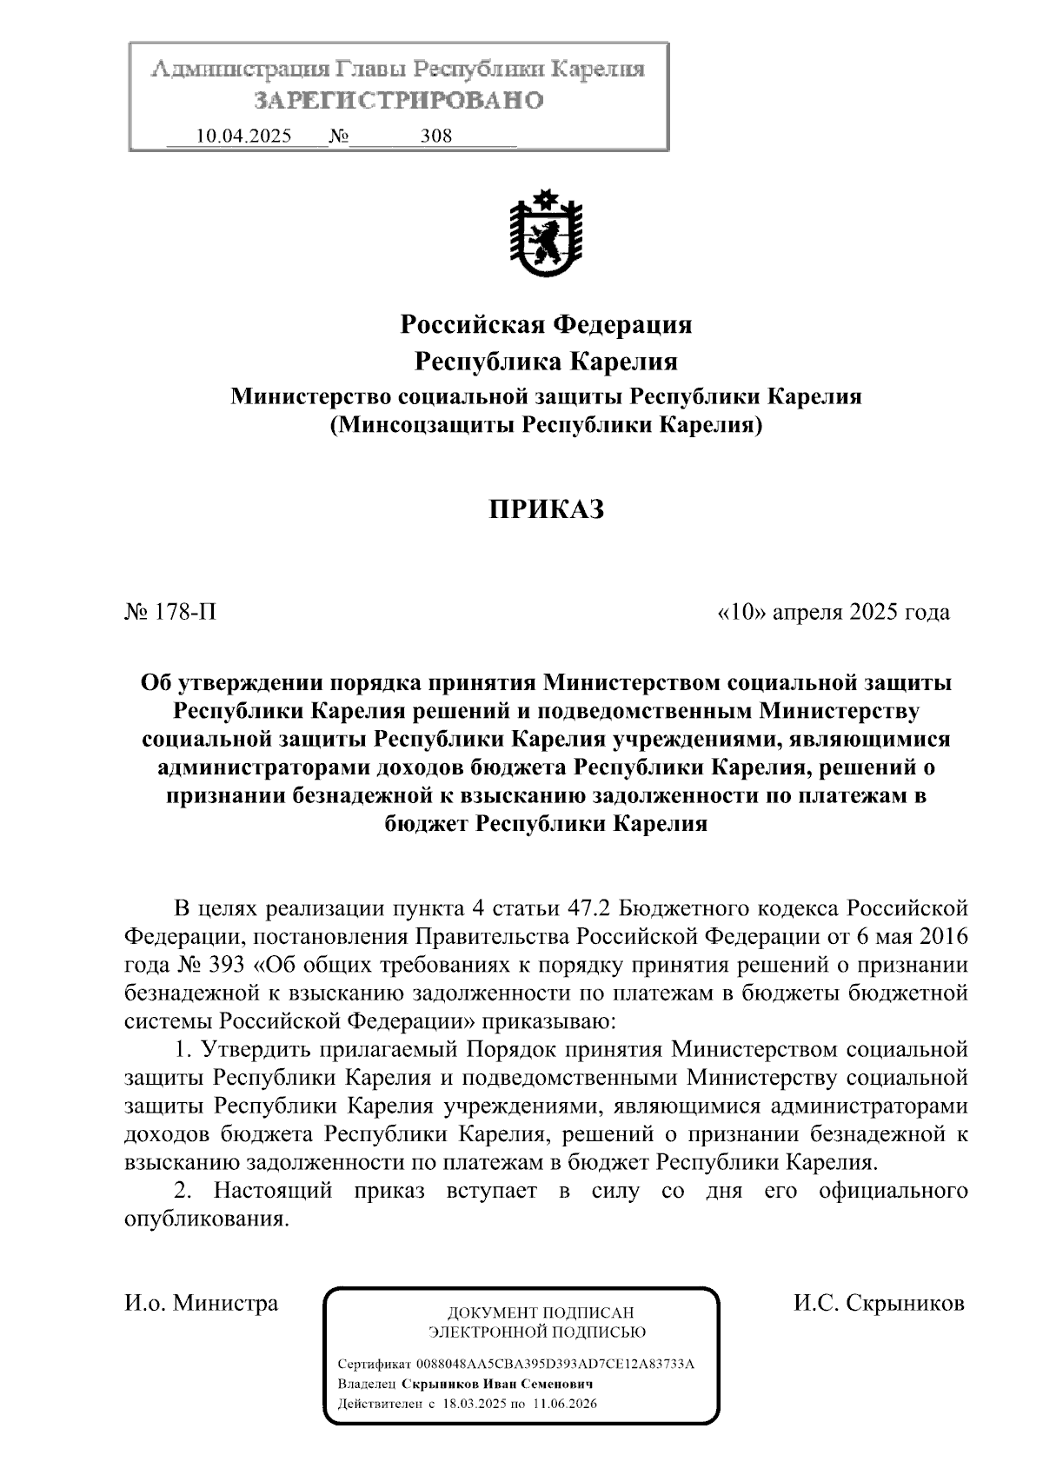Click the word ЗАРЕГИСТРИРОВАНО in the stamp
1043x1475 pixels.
(398, 101)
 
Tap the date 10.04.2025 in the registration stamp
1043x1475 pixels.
(244, 136)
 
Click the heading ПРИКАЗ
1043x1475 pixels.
(545, 509)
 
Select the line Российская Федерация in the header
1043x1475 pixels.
(545, 325)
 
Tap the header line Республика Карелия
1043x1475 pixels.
(545, 361)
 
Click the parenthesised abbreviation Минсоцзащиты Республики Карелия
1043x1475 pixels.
(545, 426)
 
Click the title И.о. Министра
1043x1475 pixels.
(202, 1304)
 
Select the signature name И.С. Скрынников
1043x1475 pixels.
(878, 1304)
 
